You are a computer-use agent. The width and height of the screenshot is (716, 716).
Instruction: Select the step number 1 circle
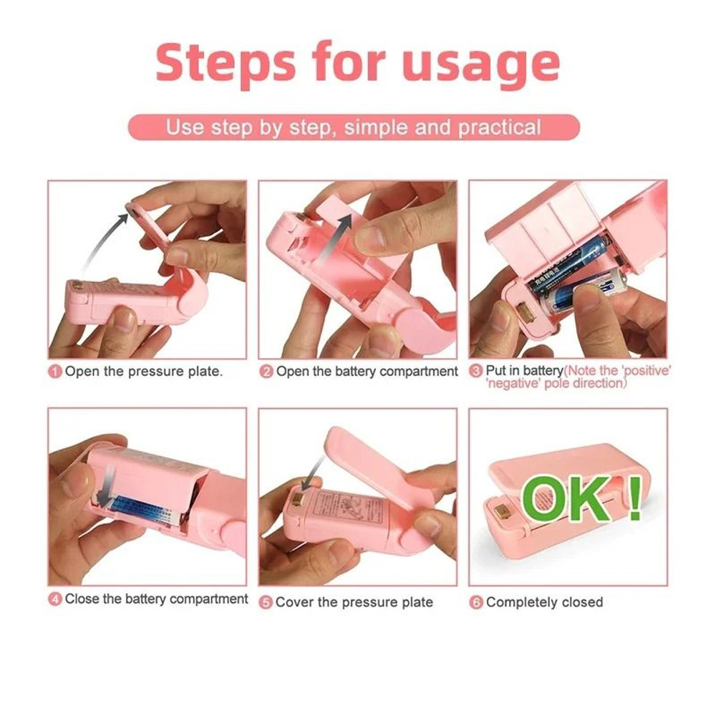click(55, 372)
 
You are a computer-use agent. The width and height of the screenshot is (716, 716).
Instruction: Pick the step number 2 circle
click(266, 372)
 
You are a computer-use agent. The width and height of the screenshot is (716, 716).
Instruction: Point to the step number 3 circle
click(476, 371)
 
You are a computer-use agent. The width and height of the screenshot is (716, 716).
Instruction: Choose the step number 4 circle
click(55, 599)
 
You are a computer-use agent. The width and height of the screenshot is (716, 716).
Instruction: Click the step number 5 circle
click(266, 602)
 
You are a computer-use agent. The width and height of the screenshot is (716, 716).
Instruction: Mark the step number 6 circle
click(476, 602)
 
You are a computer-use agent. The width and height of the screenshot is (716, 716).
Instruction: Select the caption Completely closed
click(544, 602)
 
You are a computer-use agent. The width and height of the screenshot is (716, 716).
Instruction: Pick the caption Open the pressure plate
click(144, 372)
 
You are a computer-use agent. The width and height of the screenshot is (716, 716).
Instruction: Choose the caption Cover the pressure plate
click(354, 602)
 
